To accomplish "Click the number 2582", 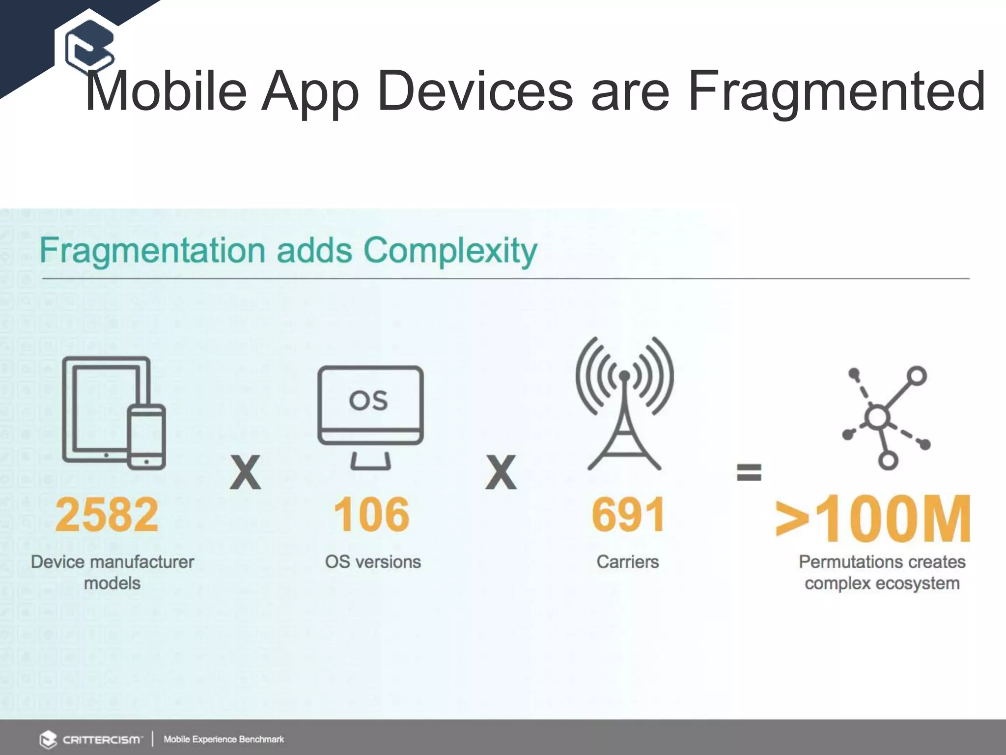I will click(107, 515).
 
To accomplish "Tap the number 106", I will click(371, 515).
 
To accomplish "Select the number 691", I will click(628, 515).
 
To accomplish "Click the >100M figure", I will click(873, 519).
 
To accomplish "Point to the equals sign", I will click(749, 472).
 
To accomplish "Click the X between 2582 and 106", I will click(245, 473).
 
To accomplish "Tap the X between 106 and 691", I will click(501, 473).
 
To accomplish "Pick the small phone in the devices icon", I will click(146, 436).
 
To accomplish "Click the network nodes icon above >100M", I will click(884, 418).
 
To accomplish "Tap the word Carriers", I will click(627, 561).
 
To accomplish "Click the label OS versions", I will click(372, 561).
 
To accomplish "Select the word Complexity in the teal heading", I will click(450, 251).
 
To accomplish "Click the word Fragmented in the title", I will click(836, 91).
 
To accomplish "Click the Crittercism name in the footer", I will click(102, 739).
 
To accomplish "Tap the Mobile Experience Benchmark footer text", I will click(224, 739).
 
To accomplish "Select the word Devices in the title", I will click(475, 91).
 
